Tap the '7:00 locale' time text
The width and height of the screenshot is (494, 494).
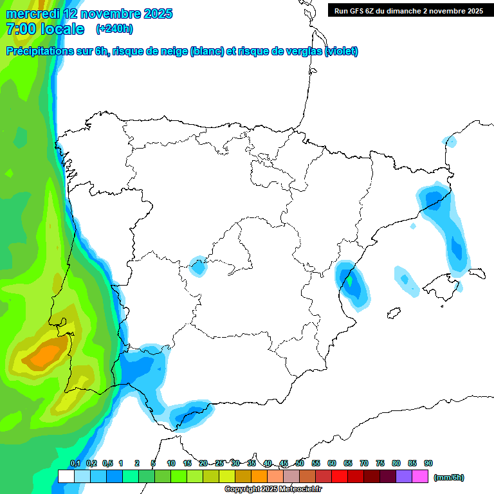[x=45, y=29]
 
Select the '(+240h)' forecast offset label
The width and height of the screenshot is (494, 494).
[x=114, y=29]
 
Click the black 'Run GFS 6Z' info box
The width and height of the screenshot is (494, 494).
[x=408, y=10]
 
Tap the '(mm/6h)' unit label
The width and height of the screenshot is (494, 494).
[x=448, y=477]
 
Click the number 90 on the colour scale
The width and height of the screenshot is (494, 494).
[x=428, y=464]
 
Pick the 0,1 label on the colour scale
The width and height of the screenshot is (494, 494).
[x=75, y=464]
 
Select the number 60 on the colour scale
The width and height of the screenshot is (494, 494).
[x=332, y=464]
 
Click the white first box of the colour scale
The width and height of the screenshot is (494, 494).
[x=66, y=477]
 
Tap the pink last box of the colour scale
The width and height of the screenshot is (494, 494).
[x=420, y=477]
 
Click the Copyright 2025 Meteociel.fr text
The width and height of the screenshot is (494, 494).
[x=273, y=489]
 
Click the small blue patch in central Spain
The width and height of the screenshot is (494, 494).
[x=199, y=266]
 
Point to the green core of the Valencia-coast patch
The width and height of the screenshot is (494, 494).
[x=350, y=280]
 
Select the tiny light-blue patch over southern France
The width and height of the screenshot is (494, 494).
[x=450, y=141]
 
